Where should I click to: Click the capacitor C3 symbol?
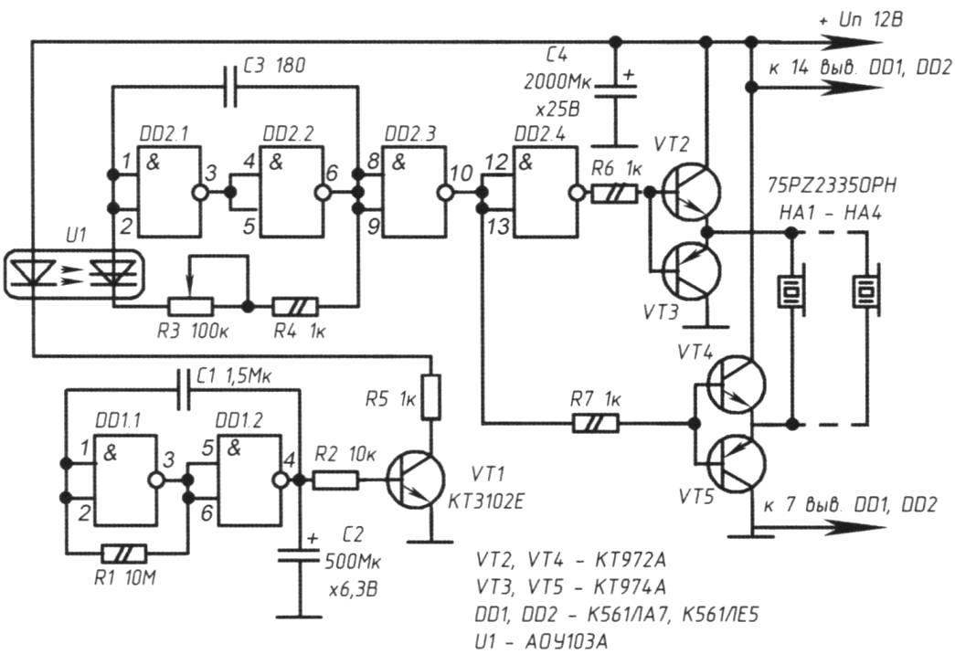(x=230, y=87)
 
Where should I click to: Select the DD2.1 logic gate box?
(x=169, y=192)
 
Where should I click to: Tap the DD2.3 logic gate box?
(x=412, y=192)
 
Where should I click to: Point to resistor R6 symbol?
(x=614, y=194)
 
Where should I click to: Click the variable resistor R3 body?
(x=190, y=306)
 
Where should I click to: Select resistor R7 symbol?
(x=596, y=423)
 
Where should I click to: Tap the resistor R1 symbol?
(x=124, y=553)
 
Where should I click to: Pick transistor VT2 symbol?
(x=691, y=193)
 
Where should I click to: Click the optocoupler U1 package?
(x=74, y=274)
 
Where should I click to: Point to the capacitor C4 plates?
(x=615, y=90)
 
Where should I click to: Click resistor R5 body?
(x=431, y=397)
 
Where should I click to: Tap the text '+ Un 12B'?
(x=861, y=20)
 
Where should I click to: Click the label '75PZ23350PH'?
(x=832, y=185)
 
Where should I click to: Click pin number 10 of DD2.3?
(x=462, y=173)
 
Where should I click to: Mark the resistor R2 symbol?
(x=335, y=480)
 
